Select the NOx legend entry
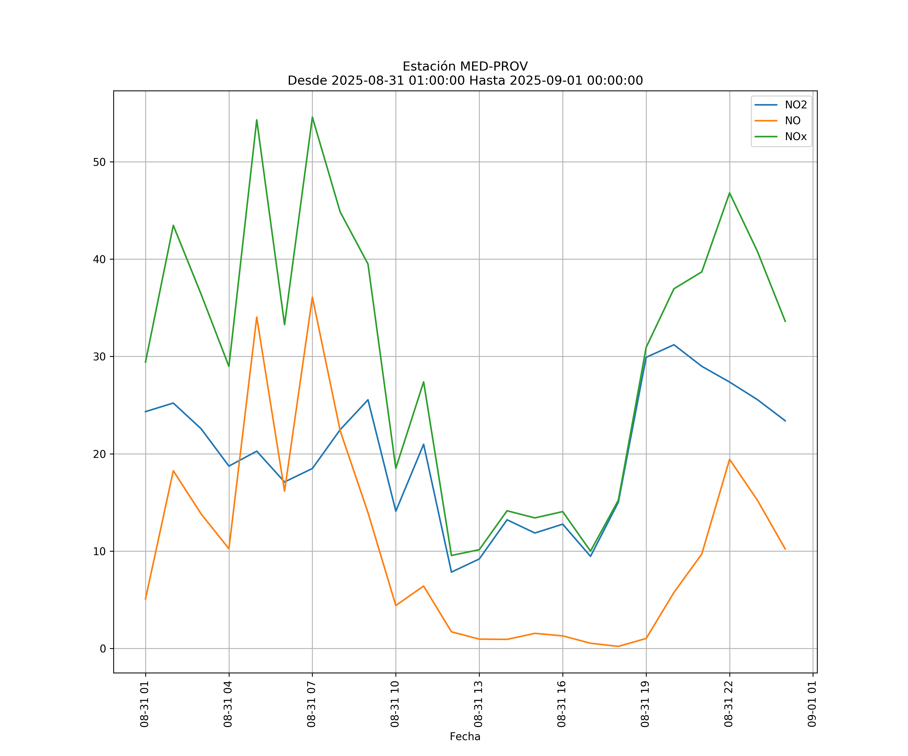point(796,137)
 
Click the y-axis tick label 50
point(99,162)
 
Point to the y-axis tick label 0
point(102,648)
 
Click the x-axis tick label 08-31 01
point(145,704)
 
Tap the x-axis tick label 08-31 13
point(478,704)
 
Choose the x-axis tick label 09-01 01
point(812,704)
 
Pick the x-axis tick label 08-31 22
point(729,704)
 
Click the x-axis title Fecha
point(465,737)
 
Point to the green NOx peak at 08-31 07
point(312,117)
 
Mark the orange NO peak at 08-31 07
point(312,297)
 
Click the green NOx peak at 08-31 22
point(729,193)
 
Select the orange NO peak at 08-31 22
point(729,459)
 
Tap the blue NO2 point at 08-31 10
point(396,511)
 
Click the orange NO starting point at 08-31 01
point(145,599)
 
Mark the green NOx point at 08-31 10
point(396,468)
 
